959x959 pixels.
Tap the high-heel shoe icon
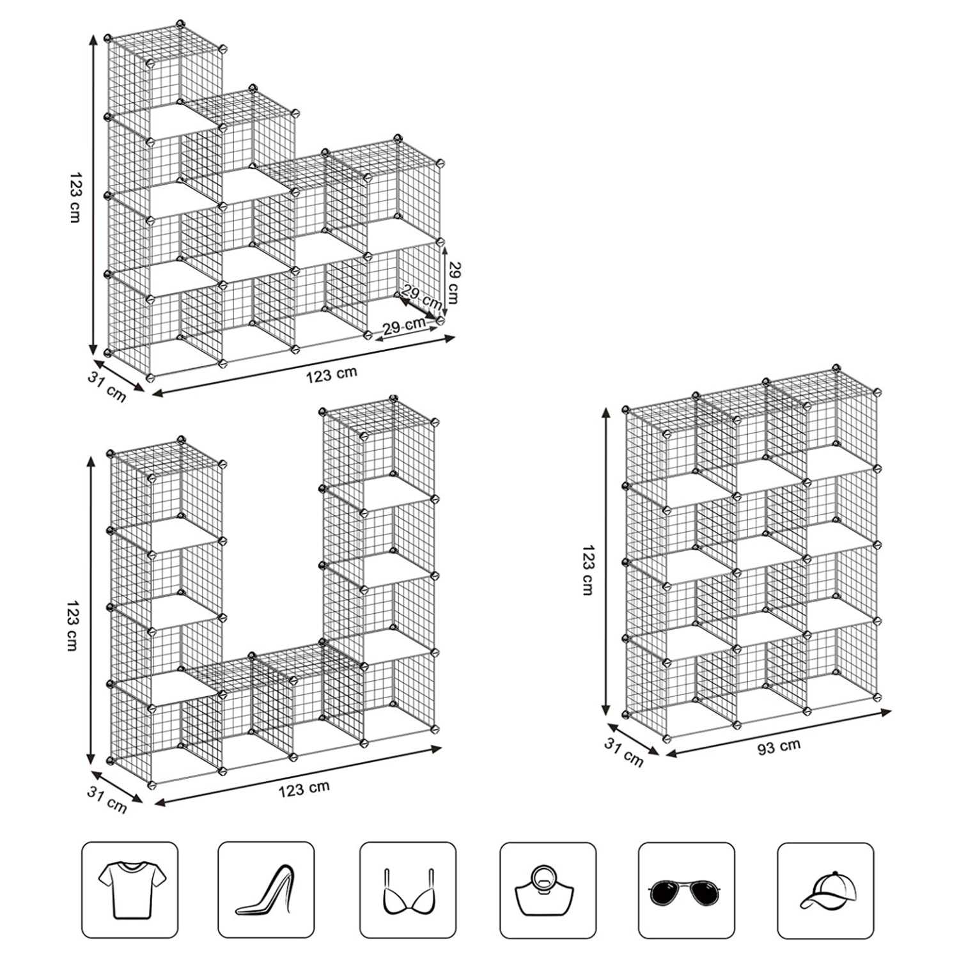(267, 890)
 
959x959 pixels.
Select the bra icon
(407, 893)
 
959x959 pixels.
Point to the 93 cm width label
(779, 747)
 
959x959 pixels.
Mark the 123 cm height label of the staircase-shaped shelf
(75, 197)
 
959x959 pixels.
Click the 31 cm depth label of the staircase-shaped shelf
(107, 387)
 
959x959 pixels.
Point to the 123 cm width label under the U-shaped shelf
(304, 789)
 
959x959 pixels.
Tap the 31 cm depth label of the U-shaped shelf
(107, 799)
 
